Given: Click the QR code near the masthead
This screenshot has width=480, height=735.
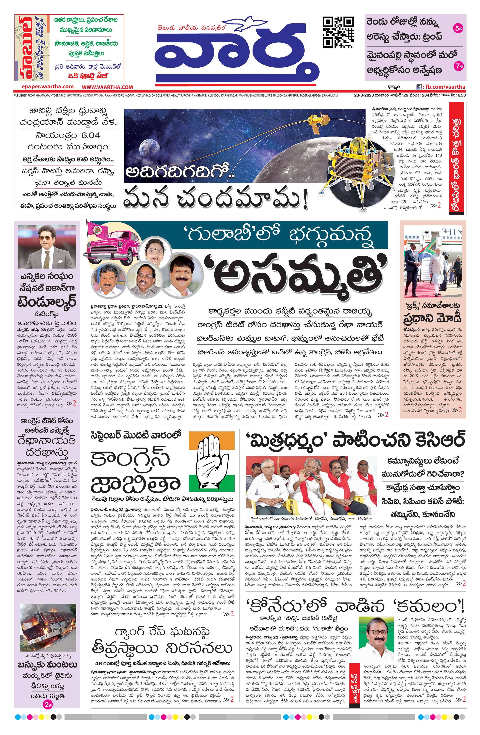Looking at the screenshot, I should (x=338, y=32).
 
